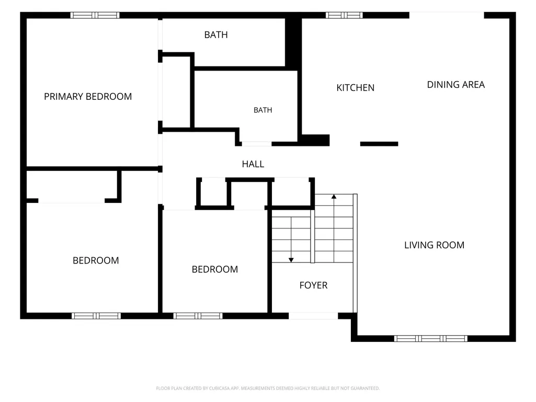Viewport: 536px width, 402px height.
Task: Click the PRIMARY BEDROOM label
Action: [x=88, y=96]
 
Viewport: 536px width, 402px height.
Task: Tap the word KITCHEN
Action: [x=356, y=87]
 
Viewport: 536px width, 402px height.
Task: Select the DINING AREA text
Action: [x=456, y=85]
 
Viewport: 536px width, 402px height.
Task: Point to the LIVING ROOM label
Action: [x=434, y=245]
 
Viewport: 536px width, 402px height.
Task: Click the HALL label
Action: [x=253, y=164]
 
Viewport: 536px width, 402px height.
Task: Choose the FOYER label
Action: [x=313, y=285]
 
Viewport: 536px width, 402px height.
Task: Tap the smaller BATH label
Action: [x=263, y=110]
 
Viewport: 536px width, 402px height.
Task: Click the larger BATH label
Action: [x=216, y=35]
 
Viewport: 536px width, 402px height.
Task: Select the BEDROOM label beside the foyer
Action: [x=215, y=269]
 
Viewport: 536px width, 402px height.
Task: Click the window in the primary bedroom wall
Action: [x=95, y=15]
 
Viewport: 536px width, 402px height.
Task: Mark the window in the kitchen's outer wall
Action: [x=344, y=15]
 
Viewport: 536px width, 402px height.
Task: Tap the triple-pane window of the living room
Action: [x=431, y=338]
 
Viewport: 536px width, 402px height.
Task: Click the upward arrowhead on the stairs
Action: [x=334, y=197]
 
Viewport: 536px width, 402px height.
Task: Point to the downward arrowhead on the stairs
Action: [x=291, y=260]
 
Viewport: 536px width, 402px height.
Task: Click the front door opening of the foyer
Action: [x=313, y=316]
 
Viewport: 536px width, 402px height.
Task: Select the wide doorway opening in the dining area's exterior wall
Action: [x=447, y=15]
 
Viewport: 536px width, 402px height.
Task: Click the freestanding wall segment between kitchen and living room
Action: [x=379, y=144]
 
